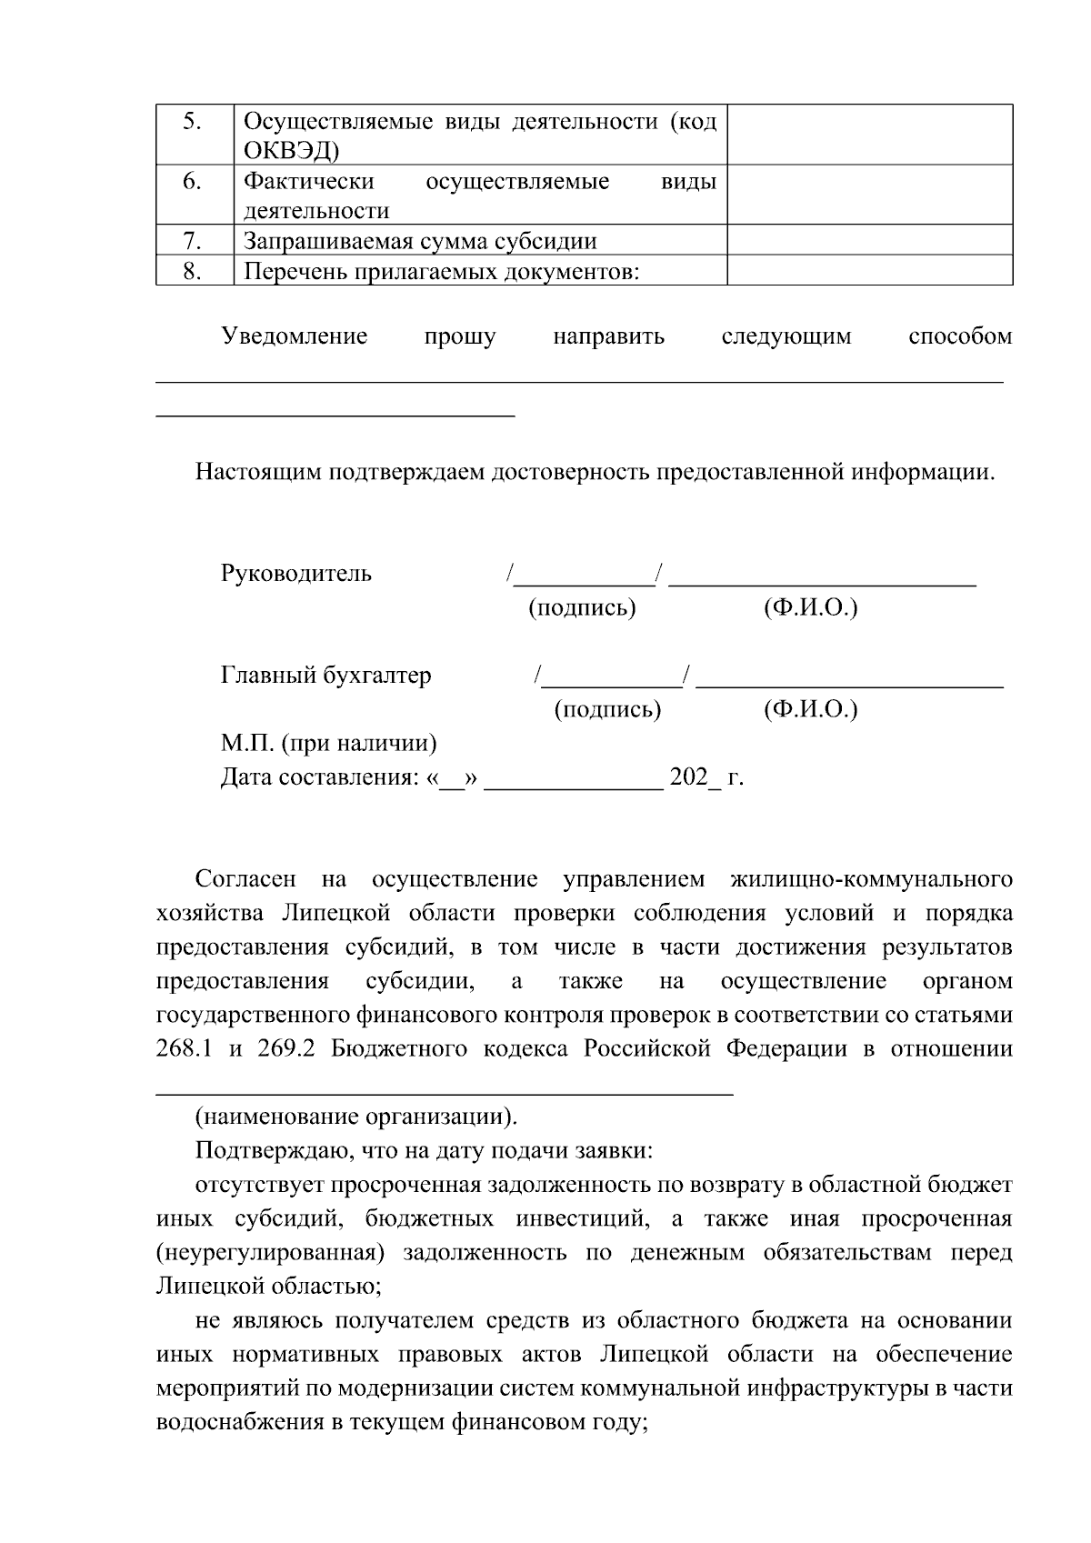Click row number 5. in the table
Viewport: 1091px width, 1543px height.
[x=192, y=122]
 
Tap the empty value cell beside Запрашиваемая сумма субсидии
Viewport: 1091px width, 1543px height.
[x=869, y=241]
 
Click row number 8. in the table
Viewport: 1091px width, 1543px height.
[x=192, y=271]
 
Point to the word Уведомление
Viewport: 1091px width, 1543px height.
[x=295, y=337]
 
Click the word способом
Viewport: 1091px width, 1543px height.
[x=959, y=337]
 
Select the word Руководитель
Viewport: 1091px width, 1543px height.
[x=296, y=575]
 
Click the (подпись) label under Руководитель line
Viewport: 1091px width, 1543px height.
[x=582, y=608]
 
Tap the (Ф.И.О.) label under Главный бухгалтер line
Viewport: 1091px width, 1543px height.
[x=810, y=709]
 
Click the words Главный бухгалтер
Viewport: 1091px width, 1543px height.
[x=326, y=676]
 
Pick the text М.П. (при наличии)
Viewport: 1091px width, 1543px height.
[x=329, y=744]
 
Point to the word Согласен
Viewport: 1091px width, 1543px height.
[x=245, y=880]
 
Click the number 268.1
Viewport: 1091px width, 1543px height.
[x=185, y=1049]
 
